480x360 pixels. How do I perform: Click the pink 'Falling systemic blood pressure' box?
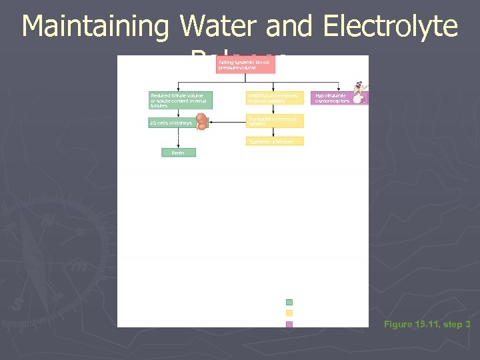coord(245,65)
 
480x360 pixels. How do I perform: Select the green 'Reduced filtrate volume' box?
coord(180,100)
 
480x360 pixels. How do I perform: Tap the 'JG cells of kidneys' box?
coord(171,123)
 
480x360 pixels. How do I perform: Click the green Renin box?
coord(179,153)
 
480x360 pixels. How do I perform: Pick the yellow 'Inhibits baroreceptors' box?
coord(275,98)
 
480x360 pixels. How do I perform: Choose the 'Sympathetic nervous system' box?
coord(275,121)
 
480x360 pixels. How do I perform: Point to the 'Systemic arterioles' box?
coord(275,141)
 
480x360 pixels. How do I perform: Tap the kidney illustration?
coord(201,121)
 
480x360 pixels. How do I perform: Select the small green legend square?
coord(289,302)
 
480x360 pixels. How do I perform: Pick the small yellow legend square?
coord(289,313)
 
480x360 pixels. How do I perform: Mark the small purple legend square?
coord(289,325)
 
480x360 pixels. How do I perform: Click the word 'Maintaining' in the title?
coord(95,27)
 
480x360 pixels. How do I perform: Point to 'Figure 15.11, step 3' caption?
coord(427,325)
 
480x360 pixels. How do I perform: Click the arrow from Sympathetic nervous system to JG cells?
coord(227,121)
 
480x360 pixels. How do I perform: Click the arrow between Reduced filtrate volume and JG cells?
coord(179,113)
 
